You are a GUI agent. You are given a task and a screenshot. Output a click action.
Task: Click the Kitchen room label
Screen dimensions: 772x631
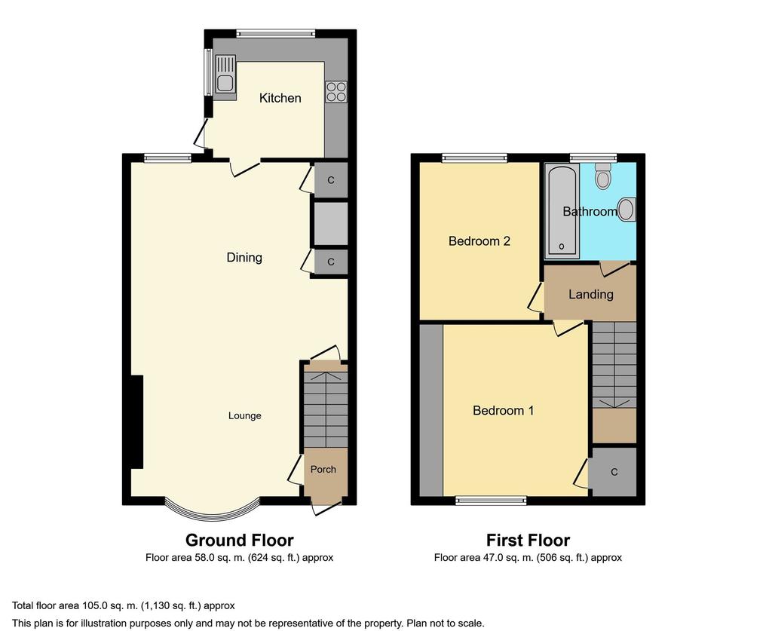[280, 98]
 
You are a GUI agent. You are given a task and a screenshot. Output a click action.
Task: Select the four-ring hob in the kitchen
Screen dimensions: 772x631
[335, 91]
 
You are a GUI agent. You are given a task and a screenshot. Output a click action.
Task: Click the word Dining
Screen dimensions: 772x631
[244, 257]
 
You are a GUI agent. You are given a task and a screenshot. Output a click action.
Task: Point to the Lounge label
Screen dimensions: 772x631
[245, 416]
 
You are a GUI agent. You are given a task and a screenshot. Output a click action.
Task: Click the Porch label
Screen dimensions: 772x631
[323, 470]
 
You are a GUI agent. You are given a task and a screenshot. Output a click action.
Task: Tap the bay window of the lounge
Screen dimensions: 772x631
[212, 510]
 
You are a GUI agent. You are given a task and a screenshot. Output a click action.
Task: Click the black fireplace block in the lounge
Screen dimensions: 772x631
[136, 422]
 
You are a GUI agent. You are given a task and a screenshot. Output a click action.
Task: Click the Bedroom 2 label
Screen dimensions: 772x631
[479, 241]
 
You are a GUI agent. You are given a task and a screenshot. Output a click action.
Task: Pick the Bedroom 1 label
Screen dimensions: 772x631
[503, 411]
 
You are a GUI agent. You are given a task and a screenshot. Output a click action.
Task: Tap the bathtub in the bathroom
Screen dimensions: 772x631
[562, 210]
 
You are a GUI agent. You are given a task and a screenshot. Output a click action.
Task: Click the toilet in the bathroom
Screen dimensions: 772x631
[602, 176]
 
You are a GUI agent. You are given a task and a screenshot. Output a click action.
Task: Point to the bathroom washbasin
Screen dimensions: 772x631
[626, 210]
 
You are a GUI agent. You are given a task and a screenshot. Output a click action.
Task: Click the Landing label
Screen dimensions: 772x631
[591, 294]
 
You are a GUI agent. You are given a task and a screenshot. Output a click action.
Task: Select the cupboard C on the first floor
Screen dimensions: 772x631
[614, 472]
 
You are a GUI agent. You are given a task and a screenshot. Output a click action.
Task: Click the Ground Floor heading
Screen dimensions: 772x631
[239, 541]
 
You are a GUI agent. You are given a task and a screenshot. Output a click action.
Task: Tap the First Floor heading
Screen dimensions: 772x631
[528, 541]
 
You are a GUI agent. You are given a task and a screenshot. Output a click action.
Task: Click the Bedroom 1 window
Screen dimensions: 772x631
[491, 501]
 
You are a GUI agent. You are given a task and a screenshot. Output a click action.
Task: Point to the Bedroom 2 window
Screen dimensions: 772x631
[475, 158]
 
